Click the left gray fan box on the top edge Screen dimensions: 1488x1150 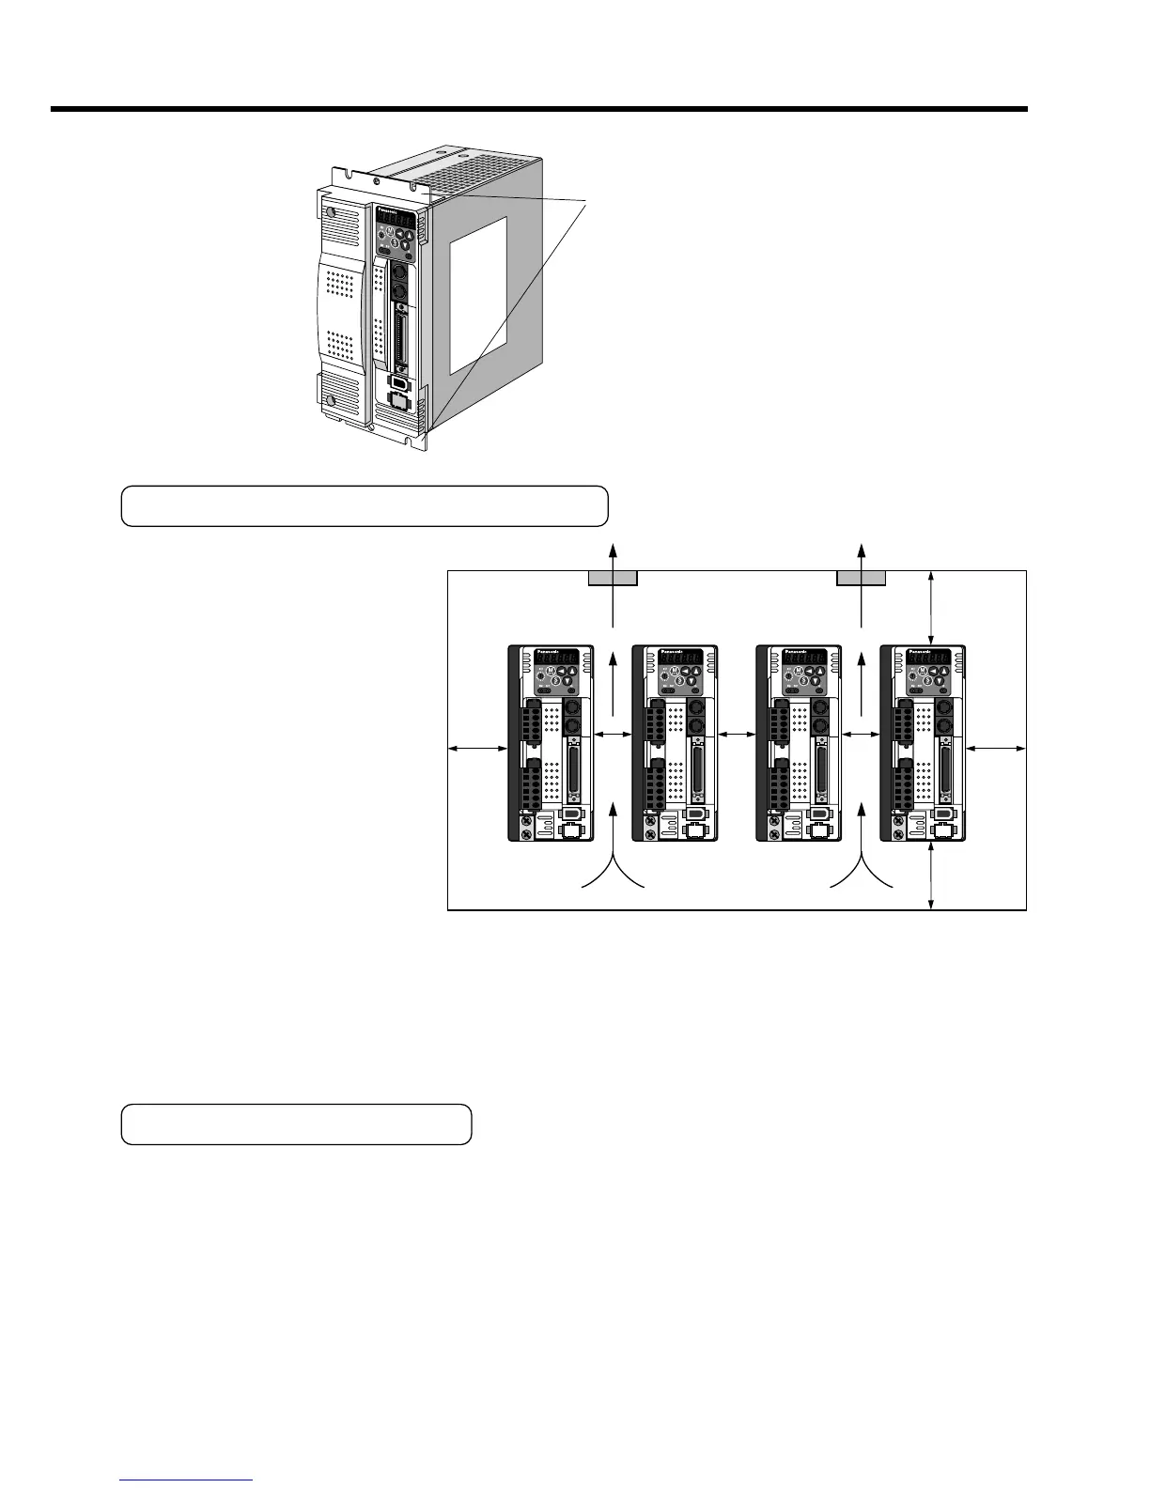(x=613, y=577)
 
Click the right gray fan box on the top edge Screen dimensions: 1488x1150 (x=862, y=577)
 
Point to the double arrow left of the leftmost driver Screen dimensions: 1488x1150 (x=477, y=748)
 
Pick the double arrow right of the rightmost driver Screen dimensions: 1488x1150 (x=996, y=748)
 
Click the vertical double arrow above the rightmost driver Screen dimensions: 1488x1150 (x=930, y=606)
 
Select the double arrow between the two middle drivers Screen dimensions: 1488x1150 (x=738, y=733)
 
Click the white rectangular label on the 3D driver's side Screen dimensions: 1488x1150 (x=478, y=294)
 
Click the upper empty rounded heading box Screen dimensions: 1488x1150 (x=365, y=506)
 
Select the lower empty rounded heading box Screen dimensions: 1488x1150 (x=296, y=1124)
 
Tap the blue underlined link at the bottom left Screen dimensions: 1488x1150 (x=187, y=1480)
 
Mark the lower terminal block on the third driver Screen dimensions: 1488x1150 (x=780, y=789)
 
